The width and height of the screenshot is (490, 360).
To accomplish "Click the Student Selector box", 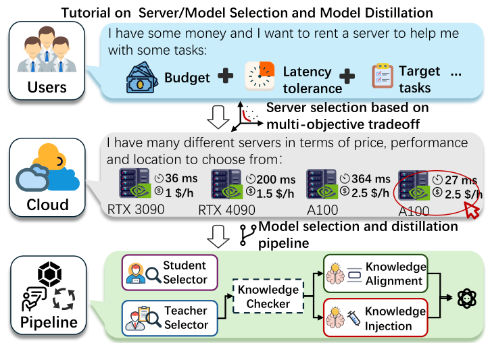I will coord(169,272).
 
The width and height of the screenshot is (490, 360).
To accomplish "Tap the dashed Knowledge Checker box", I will coord(268,297).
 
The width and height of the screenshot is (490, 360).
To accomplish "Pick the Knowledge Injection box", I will coord(376,318).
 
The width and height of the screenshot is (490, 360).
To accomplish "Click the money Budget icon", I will coord(142,78).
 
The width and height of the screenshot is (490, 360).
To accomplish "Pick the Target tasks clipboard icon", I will coord(382,78).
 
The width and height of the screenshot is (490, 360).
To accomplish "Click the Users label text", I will coord(47,88).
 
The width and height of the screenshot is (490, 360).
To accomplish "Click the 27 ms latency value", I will coord(461,180).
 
